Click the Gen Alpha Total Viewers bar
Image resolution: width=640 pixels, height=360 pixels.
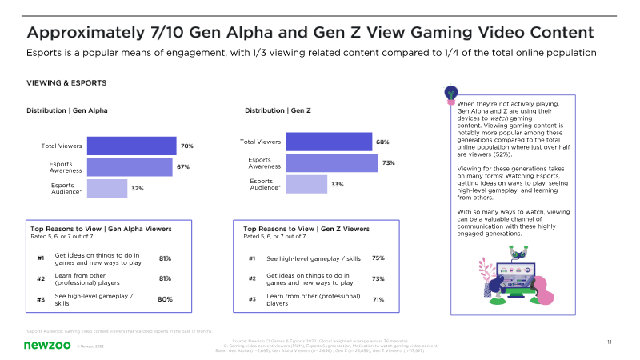click(131, 146)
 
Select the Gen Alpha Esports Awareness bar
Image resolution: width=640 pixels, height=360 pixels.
click(130, 166)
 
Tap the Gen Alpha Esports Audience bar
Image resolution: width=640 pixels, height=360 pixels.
click(106, 188)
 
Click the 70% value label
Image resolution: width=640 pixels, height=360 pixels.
click(187, 146)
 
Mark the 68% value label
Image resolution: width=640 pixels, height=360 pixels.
click(382, 142)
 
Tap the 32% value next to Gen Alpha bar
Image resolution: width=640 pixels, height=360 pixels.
click(138, 189)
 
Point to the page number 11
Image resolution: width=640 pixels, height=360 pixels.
click(610, 342)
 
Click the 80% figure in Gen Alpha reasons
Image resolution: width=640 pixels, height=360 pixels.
click(166, 299)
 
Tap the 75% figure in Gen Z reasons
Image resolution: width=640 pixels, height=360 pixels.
click(378, 258)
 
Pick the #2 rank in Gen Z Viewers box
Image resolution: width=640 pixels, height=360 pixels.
click(252, 279)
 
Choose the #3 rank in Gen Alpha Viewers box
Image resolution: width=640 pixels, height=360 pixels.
click(41, 299)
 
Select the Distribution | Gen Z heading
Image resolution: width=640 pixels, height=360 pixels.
click(278, 110)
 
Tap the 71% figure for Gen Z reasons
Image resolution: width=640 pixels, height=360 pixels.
click(378, 300)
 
